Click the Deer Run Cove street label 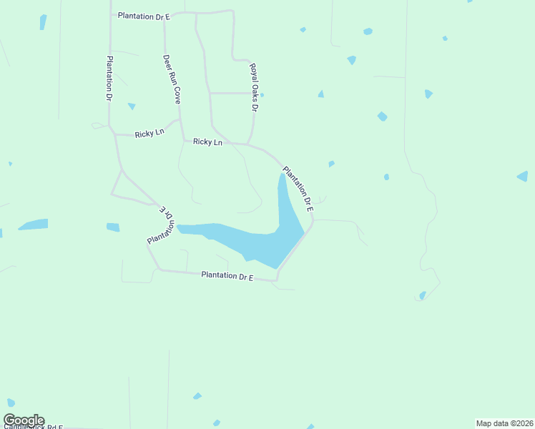[171, 79]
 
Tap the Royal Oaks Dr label [253, 87]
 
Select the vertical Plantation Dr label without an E [110, 77]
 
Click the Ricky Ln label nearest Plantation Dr [149, 134]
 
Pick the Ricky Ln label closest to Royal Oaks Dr [207, 142]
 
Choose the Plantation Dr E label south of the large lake [227, 275]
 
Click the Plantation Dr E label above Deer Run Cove [144, 15]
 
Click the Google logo [24, 420]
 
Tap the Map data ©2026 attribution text [504, 423]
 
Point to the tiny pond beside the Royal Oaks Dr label [262, 94]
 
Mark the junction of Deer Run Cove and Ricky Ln [182, 139]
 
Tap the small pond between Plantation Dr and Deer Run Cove [132, 107]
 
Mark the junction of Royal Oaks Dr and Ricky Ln [248, 144]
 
